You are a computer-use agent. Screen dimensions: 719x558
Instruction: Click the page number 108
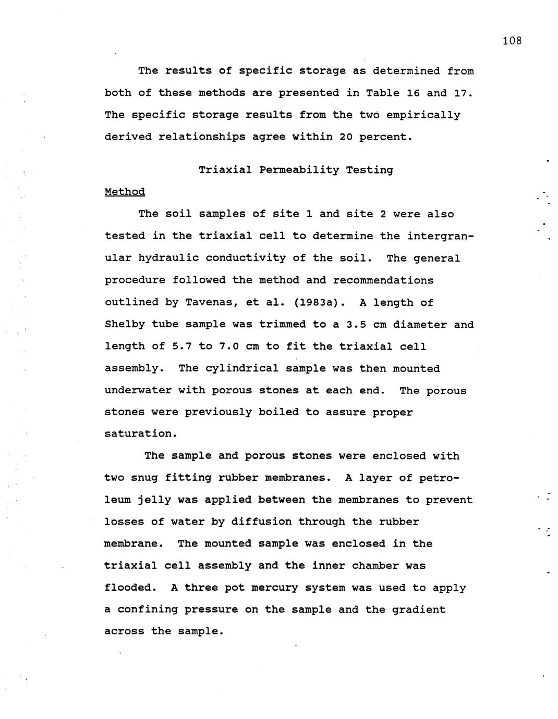(x=512, y=41)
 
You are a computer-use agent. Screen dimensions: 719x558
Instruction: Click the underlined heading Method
(x=125, y=192)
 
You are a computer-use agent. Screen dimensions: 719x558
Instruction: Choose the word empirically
(x=423, y=115)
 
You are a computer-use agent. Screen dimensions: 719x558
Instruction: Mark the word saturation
(x=140, y=433)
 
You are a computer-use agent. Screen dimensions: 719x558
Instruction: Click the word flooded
(x=130, y=588)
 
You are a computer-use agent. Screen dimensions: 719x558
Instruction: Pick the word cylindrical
(x=242, y=368)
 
